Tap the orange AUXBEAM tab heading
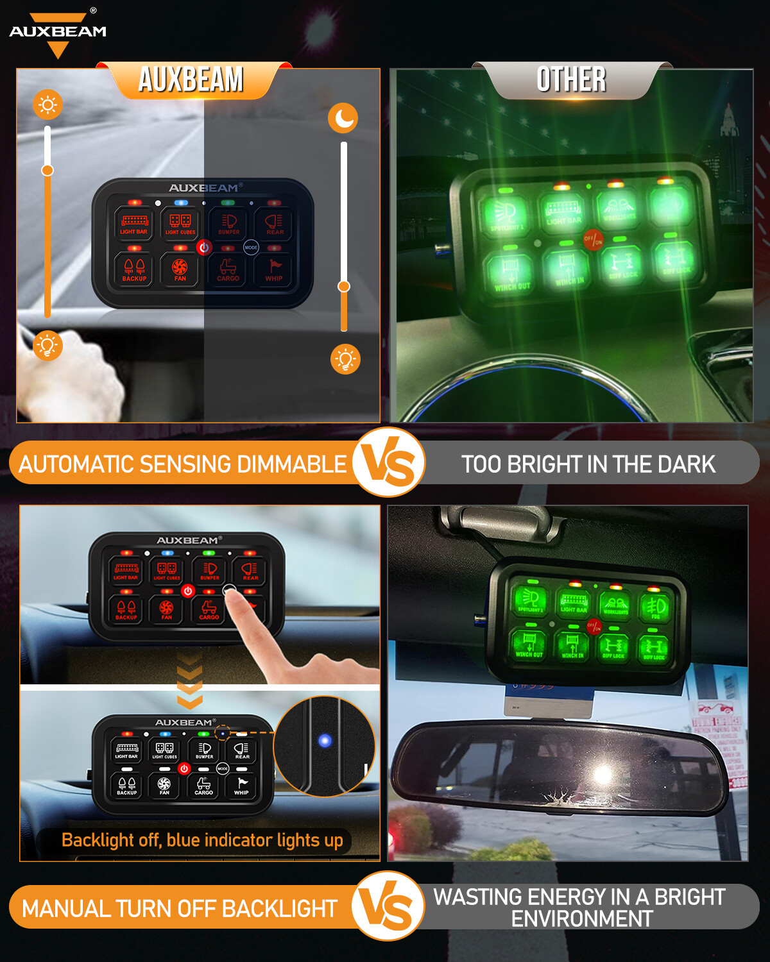[191, 80]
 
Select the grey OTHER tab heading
[571, 80]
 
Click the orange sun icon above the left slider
[48, 105]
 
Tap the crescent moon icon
[343, 118]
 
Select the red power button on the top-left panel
[204, 247]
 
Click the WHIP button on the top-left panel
[274, 269]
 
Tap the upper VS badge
[388, 462]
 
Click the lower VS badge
[388, 906]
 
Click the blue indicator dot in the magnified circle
[325, 741]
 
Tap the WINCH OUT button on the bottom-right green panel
[529, 644]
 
